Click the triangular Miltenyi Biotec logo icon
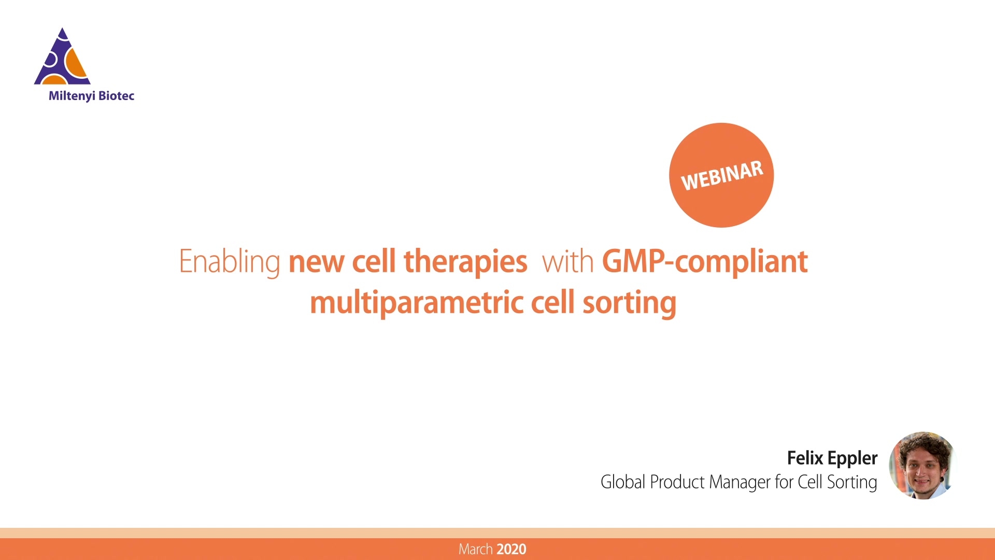(x=63, y=57)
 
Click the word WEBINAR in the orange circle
(x=722, y=175)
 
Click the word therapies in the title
(x=465, y=262)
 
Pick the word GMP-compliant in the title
(x=705, y=262)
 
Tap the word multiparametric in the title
(x=417, y=303)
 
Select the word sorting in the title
(x=630, y=303)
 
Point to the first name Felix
(x=805, y=458)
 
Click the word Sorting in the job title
(x=852, y=483)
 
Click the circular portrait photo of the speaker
(x=922, y=465)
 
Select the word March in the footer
(x=476, y=549)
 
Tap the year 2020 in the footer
(x=511, y=549)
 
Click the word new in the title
(x=316, y=262)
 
